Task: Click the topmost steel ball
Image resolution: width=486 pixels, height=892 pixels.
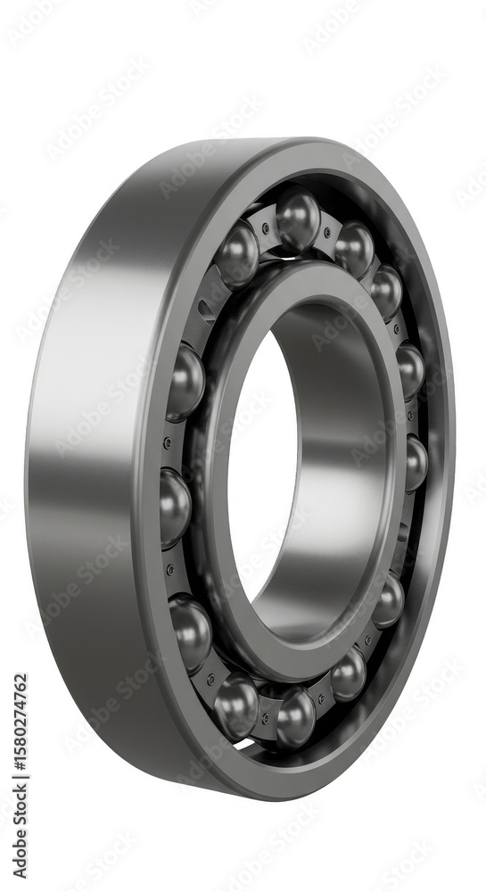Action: pos(297,219)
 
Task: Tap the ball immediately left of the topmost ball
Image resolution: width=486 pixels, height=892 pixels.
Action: pos(237,255)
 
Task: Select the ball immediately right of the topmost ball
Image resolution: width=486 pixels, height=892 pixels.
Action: pos(354,249)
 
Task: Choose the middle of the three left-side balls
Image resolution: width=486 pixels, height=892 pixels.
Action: pos(175,508)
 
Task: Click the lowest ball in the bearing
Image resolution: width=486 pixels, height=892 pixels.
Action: pos(295,715)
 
